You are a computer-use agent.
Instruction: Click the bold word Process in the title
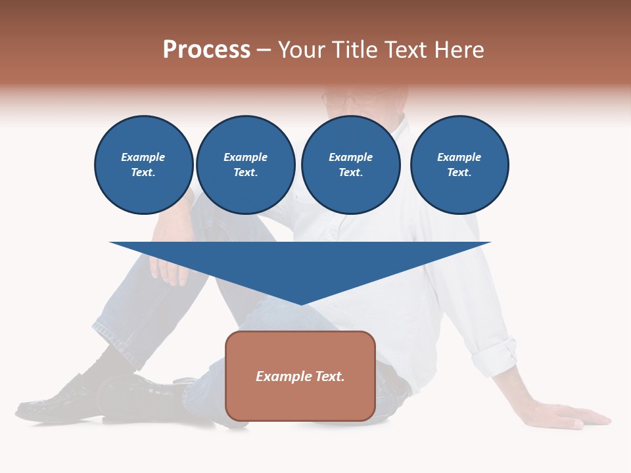pos(206,50)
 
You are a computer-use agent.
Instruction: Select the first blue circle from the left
pos(144,165)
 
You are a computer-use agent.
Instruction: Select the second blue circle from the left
pos(246,165)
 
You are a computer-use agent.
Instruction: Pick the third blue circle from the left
pos(351,165)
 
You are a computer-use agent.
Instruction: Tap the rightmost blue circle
pos(459,165)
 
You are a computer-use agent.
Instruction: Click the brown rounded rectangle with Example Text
pos(300,376)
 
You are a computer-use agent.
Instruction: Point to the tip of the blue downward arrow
pos(300,304)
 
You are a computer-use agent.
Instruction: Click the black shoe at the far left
pos(56,399)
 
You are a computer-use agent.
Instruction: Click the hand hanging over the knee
pos(168,266)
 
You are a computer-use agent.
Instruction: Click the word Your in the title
pos(303,50)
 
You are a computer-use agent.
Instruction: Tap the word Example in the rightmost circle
pos(459,157)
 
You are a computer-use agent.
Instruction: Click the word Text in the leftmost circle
pos(143,173)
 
